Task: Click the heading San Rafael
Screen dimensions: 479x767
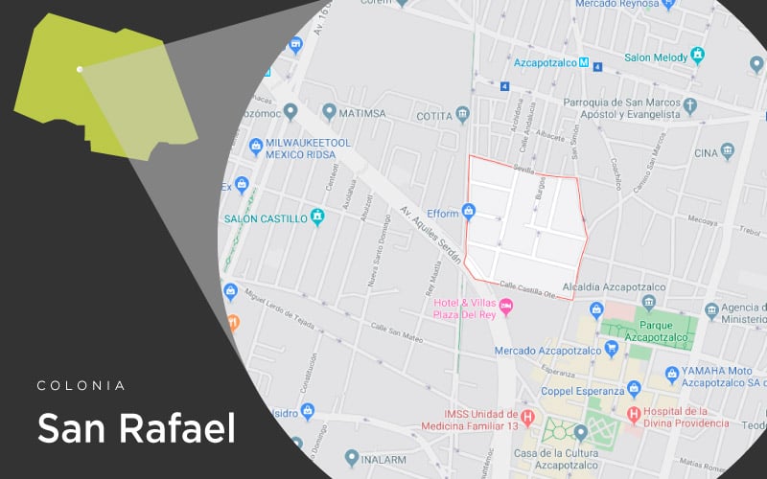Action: click(x=136, y=427)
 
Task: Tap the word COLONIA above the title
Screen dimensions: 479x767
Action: click(x=81, y=385)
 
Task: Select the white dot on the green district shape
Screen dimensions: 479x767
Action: click(x=80, y=69)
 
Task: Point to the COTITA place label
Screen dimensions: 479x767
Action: click(x=433, y=116)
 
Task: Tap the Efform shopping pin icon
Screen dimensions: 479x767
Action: click(x=469, y=211)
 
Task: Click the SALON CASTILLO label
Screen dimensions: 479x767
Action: click(x=266, y=218)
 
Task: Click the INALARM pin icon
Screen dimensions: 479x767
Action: click(x=352, y=459)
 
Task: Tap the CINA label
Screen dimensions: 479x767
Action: click(x=706, y=152)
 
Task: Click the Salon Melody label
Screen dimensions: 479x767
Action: click(x=657, y=57)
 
